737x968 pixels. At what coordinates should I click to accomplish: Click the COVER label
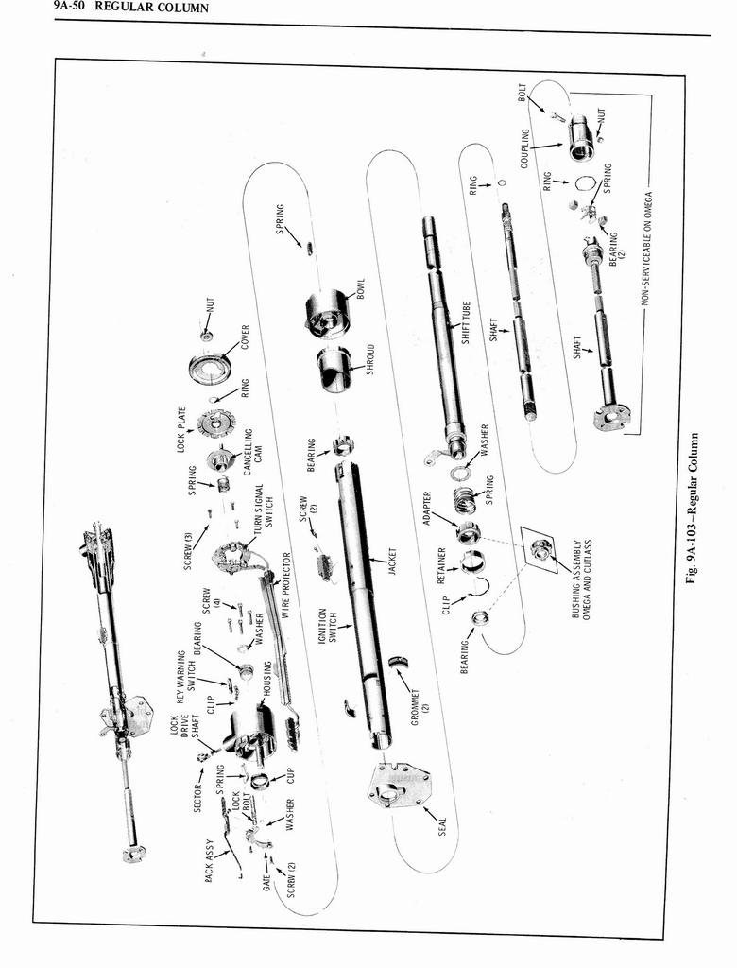(x=246, y=336)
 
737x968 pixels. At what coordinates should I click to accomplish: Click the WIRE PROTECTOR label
(x=285, y=585)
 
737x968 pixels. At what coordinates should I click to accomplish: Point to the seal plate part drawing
(x=398, y=784)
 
